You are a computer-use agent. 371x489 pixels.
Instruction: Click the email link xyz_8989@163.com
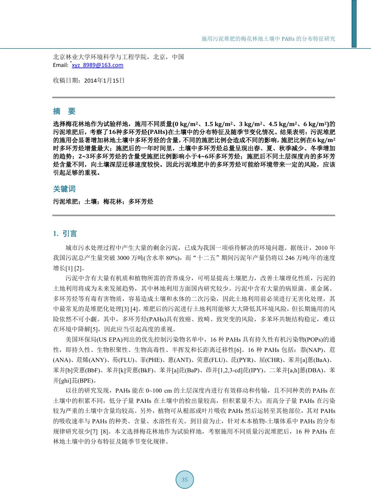[98, 65]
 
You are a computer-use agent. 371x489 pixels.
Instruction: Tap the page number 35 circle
[184, 479]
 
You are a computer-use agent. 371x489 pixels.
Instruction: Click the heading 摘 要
[64, 111]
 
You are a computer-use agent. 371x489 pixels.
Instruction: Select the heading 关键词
[64, 189]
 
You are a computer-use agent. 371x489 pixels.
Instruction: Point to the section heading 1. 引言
[65, 234]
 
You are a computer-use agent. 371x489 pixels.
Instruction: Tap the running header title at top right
[268, 39]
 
